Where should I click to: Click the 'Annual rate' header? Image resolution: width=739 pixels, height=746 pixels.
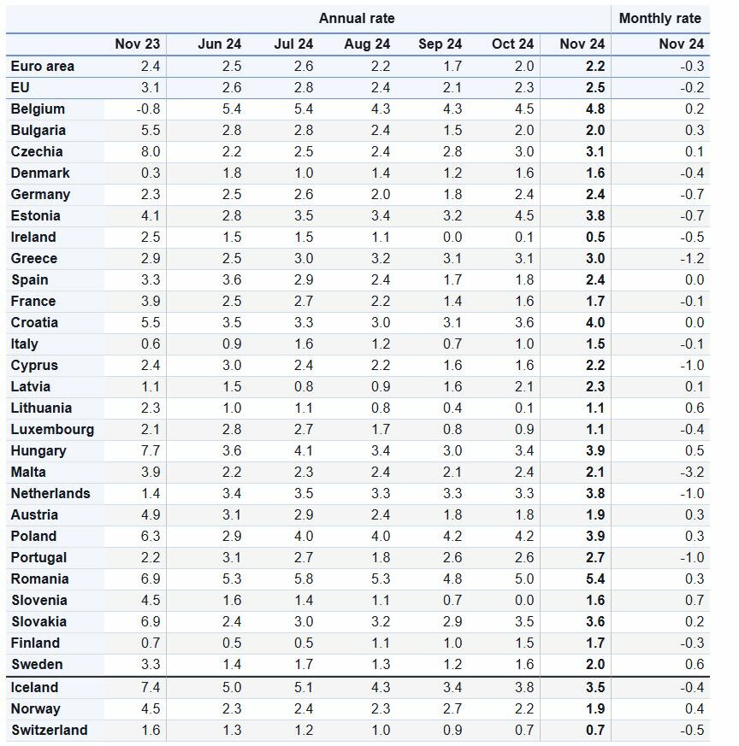tap(357, 19)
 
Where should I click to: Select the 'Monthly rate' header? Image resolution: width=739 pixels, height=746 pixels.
tap(660, 19)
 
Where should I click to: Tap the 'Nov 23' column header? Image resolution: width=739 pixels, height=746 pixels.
tap(137, 44)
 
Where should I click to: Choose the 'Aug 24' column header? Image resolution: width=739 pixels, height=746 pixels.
tap(367, 44)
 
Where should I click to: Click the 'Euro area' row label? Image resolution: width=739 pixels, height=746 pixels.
tap(43, 66)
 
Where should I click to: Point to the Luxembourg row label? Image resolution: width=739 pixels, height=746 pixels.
tap(52, 430)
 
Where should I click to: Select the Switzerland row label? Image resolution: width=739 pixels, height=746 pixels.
tap(50, 730)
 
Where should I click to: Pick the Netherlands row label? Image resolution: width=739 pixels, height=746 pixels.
tap(50, 493)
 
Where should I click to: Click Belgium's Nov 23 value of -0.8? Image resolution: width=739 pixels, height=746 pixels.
tap(148, 109)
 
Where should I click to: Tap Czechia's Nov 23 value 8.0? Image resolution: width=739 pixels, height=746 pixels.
tap(151, 152)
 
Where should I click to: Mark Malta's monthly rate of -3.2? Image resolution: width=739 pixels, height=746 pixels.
tap(692, 472)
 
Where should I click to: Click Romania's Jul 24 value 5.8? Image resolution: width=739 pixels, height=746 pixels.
tap(304, 579)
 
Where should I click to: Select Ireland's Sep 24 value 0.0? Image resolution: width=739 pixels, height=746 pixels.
tap(452, 237)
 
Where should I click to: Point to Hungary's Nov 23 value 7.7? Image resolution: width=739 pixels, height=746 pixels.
tap(151, 450)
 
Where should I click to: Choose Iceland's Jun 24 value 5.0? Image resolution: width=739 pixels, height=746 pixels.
tap(232, 688)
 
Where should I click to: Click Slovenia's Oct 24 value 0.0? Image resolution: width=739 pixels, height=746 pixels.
tap(524, 601)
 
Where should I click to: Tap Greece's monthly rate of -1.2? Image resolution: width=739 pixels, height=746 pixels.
tap(692, 258)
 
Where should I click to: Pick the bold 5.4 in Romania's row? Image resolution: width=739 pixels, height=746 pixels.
tap(595, 579)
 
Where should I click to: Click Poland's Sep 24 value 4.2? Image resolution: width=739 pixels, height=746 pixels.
tap(452, 536)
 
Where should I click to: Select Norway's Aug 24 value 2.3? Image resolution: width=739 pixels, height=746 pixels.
tap(381, 709)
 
